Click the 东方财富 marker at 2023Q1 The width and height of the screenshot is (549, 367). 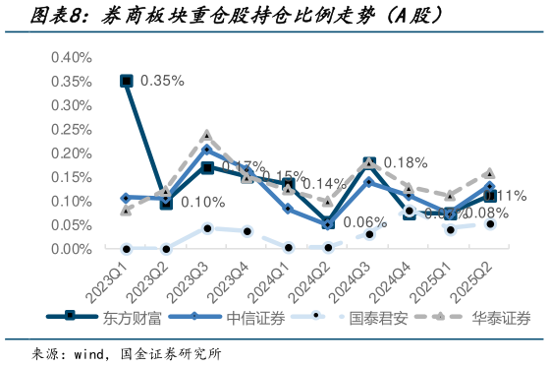pyautogui.click(x=127, y=81)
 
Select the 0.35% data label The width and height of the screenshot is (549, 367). pyautogui.click(x=162, y=81)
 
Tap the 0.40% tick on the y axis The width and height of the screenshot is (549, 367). pyautogui.click(x=70, y=57)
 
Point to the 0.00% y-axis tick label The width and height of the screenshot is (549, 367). pyautogui.click(x=70, y=249)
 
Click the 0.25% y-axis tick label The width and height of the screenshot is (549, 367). pyautogui.click(x=70, y=129)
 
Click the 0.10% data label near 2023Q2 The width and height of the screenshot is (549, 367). pyautogui.click(x=203, y=203)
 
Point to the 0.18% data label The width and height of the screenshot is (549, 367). pyautogui.click(x=404, y=162)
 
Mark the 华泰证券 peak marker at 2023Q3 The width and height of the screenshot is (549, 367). pyautogui.click(x=207, y=136)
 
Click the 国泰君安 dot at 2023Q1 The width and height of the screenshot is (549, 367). pyautogui.click(x=127, y=248)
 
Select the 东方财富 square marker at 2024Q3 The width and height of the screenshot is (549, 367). pyautogui.click(x=369, y=163)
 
